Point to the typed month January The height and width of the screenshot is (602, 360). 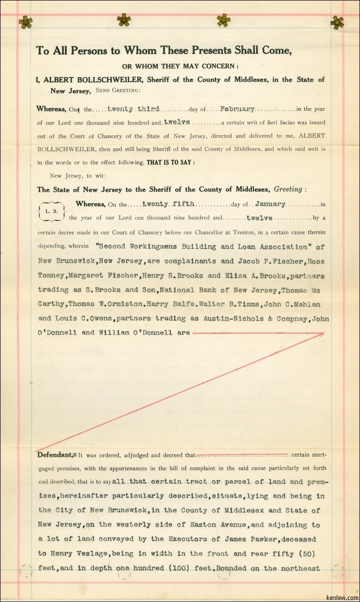(x=270, y=204)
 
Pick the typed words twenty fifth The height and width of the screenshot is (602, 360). (x=168, y=204)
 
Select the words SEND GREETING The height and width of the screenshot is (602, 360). (x=118, y=91)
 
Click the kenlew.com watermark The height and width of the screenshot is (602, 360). (x=345, y=597)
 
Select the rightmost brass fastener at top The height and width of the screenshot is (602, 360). (x=337, y=22)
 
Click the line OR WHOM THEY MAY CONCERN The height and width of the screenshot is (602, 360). (x=180, y=66)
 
